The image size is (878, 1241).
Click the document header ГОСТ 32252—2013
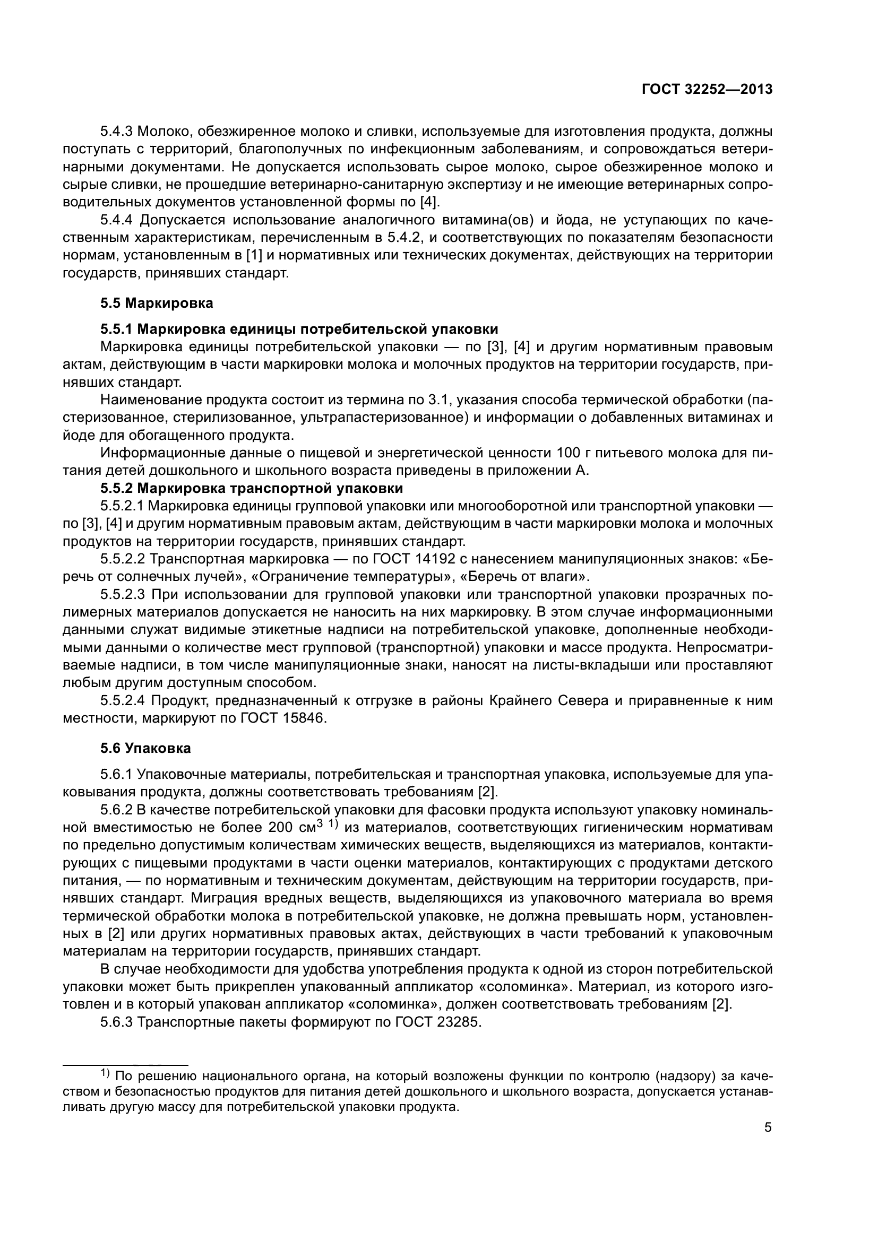(x=707, y=90)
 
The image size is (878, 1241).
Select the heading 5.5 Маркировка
(x=157, y=303)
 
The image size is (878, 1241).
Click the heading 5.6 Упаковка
(x=145, y=749)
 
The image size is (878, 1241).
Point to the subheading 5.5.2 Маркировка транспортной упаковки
(x=252, y=489)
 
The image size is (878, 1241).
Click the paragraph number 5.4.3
(x=117, y=132)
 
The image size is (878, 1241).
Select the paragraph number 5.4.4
(x=117, y=220)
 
